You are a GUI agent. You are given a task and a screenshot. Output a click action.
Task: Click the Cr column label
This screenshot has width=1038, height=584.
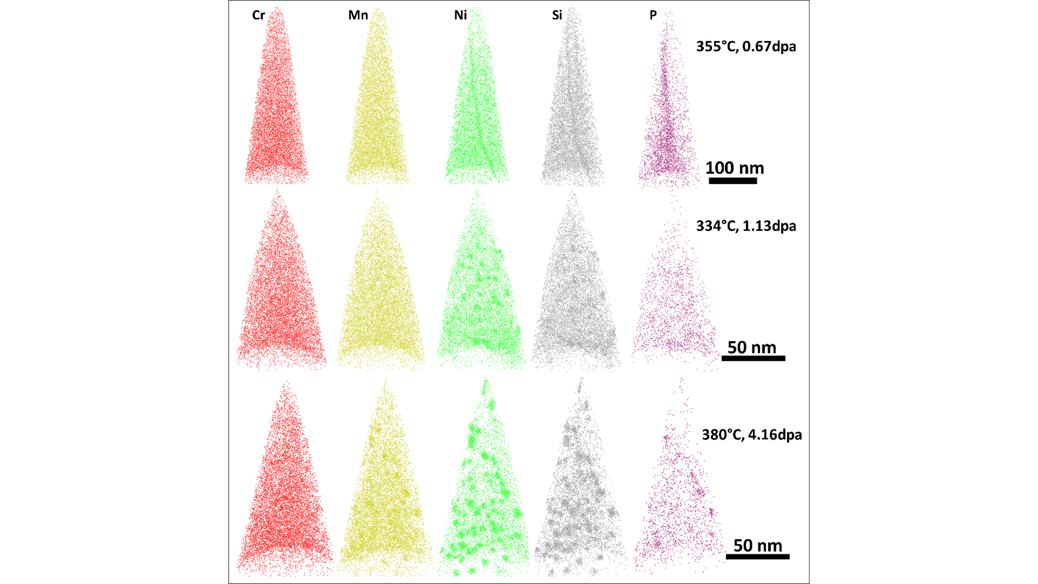(258, 15)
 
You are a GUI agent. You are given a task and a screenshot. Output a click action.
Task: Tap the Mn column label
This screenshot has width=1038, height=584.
(358, 15)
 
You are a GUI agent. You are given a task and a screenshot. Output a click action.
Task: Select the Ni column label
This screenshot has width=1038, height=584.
(460, 15)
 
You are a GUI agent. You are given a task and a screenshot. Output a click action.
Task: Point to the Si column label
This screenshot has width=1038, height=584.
(557, 15)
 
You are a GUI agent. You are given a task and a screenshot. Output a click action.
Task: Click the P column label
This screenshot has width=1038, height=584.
(653, 15)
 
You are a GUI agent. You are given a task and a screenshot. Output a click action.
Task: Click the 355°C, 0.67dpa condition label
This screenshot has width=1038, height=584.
(746, 47)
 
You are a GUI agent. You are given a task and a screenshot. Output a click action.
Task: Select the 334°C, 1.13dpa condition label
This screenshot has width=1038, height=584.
(746, 226)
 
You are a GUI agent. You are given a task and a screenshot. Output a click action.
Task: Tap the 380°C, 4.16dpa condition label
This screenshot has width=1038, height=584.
(751, 435)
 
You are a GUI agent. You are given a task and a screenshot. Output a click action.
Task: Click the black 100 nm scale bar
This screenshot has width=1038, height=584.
(733, 181)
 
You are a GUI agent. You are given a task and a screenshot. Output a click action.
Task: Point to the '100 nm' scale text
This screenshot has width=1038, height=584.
(734, 168)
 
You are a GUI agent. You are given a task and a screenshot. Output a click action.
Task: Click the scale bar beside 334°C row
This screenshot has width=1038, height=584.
(753, 358)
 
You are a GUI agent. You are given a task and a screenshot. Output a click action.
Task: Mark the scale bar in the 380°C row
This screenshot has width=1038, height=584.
(757, 556)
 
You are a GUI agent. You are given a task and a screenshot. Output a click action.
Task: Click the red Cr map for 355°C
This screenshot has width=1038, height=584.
(277, 108)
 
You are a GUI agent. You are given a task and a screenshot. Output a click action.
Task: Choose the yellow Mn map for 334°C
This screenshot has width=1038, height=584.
(381, 292)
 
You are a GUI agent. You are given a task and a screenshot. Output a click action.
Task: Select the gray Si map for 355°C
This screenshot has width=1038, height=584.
(573, 108)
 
